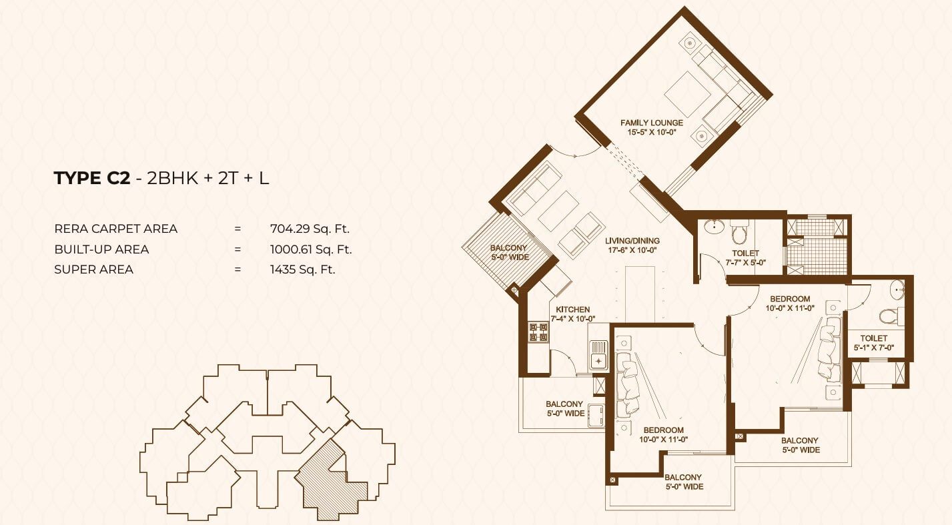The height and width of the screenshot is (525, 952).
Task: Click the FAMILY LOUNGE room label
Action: click(x=652, y=123)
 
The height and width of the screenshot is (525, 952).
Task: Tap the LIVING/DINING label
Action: click(x=632, y=241)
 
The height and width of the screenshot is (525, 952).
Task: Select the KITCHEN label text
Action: click(x=573, y=310)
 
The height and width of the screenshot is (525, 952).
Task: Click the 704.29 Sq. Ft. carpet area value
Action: click(x=310, y=229)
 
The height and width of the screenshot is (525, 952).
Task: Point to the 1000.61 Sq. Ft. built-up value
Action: click(x=311, y=249)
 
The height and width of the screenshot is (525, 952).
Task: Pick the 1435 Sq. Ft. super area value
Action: click(x=303, y=270)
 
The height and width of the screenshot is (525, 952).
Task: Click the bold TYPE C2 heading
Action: click(x=92, y=178)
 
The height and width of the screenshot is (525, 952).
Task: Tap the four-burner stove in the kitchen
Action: click(x=538, y=332)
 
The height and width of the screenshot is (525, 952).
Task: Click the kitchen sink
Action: click(x=598, y=354)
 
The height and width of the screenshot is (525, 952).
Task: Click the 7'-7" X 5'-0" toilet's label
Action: click(x=745, y=257)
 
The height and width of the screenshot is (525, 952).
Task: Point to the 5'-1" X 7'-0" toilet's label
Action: click(x=874, y=343)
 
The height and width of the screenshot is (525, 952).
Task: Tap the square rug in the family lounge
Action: click(x=687, y=94)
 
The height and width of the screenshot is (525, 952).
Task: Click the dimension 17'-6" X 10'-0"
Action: click(x=632, y=250)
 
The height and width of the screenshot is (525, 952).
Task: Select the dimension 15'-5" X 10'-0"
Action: click(x=652, y=132)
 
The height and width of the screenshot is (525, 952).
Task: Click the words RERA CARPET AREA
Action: click(x=115, y=229)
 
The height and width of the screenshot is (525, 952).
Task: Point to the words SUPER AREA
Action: click(x=94, y=270)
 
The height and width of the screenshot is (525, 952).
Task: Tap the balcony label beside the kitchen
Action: click(x=565, y=408)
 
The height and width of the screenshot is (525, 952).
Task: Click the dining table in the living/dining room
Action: click(x=640, y=294)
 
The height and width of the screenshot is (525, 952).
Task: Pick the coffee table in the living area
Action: click(x=558, y=211)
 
